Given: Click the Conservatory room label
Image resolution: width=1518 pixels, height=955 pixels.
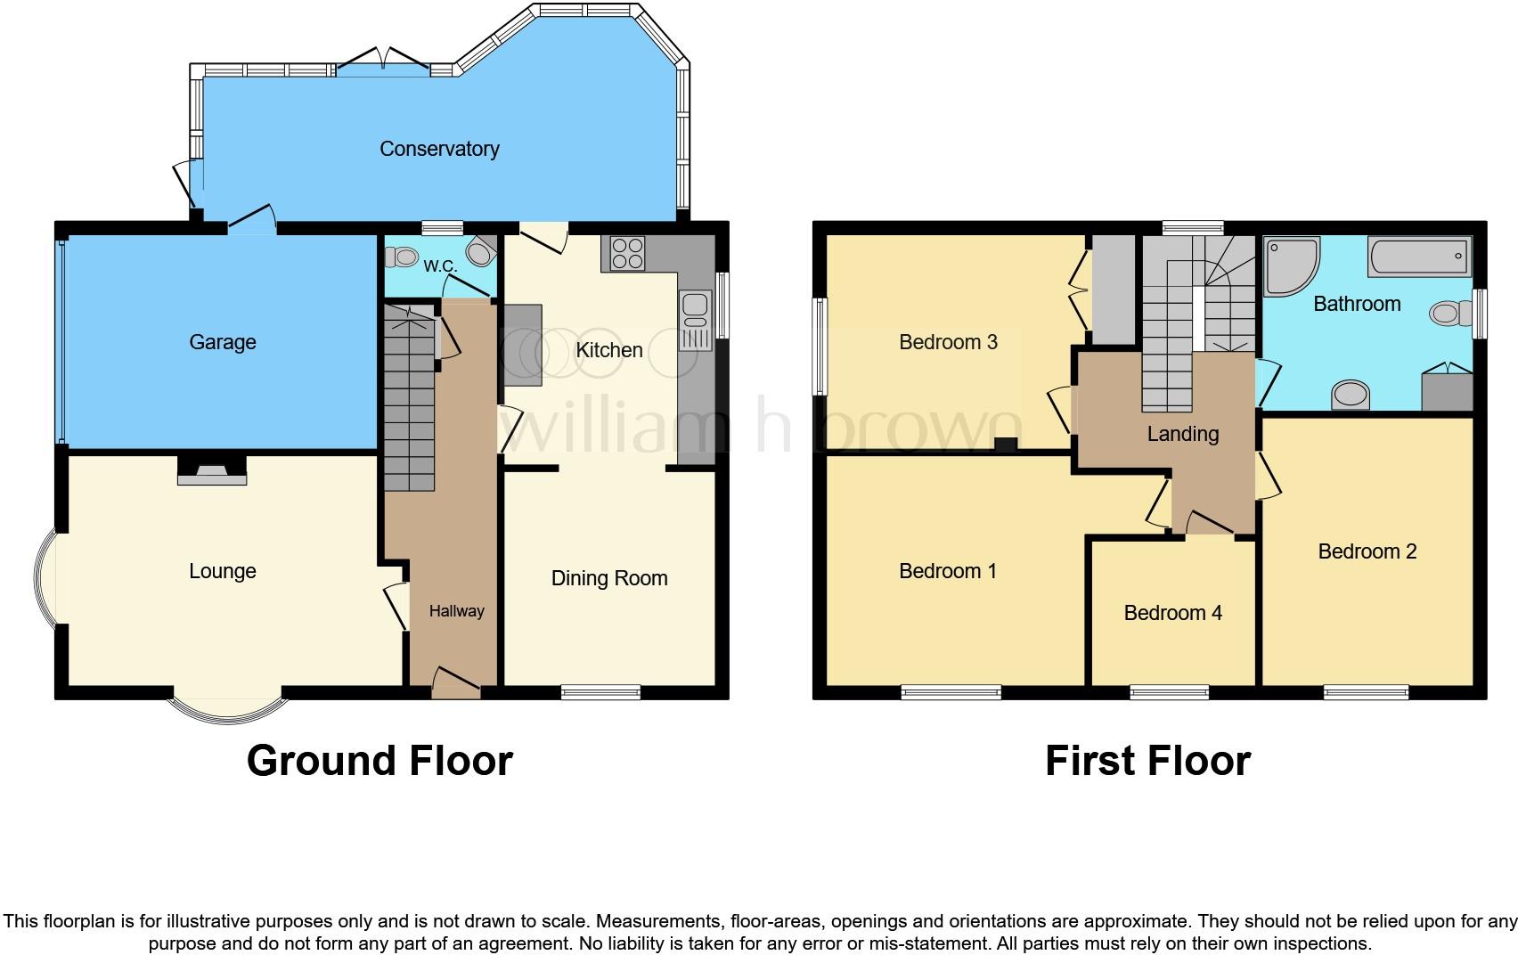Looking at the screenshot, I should pyautogui.click(x=439, y=149).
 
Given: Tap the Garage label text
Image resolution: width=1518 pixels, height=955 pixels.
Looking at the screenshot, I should pyautogui.click(x=223, y=342).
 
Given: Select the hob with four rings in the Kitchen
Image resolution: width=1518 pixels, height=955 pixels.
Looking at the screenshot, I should pyautogui.click(x=628, y=253).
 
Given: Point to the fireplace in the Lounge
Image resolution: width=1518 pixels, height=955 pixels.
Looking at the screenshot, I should pyautogui.click(x=212, y=471).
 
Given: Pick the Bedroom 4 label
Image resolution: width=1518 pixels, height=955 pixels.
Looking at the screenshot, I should pyautogui.click(x=1172, y=613).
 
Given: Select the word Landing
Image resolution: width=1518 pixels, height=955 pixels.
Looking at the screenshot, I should pyautogui.click(x=1182, y=434).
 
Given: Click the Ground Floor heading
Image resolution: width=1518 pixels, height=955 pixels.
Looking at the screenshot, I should pyautogui.click(x=379, y=761).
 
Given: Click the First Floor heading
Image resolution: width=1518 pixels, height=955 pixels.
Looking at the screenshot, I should pyautogui.click(x=1147, y=761).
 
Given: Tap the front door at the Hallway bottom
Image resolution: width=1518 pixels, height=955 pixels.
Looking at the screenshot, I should pyautogui.click(x=455, y=682).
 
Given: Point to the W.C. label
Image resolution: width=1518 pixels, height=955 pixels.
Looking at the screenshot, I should pyautogui.click(x=440, y=265).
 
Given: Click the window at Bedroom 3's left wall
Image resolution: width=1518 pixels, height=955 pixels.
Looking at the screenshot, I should pyautogui.click(x=820, y=347).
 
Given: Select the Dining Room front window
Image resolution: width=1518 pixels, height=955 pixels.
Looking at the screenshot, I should pyautogui.click(x=601, y=692).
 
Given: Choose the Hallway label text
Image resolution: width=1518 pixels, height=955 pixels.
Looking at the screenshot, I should pyautogui.click(x=456, y=611).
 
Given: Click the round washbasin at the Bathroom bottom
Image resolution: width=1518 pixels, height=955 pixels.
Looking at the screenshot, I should pyautogui.click(x=1351, y=394).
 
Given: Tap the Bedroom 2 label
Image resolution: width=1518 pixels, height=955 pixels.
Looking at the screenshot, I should pyautogui.click(x=1367, y=551).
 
